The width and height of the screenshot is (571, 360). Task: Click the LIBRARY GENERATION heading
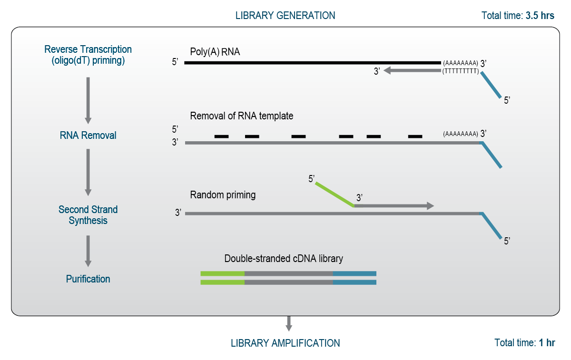[x=285, y=15]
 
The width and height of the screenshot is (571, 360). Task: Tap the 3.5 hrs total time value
[x=540, y=15]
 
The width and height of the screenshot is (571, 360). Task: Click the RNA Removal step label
[x=88, y=135]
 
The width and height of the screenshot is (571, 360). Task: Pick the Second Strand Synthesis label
[x=88, y=215]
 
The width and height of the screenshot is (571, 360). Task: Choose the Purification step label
[x=88, y=279]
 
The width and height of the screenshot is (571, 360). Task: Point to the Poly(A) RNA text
[x=215, y=52]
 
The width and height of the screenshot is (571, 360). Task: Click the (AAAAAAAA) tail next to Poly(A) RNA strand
[x=460, y=63]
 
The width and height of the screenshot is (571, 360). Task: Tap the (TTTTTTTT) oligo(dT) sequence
[x=460, y=71]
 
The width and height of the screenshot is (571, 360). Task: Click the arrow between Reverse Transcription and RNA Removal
[x=88, y=100]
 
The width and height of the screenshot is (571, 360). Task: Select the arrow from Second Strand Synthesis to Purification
[x=88, y=251]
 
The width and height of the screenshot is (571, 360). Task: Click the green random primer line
[x=335, y=194]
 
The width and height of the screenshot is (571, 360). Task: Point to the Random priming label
[x=223, y=195]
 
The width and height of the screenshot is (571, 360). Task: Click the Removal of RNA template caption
[x=241, y=116]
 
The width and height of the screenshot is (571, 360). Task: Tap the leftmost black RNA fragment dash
[x=221, y=136]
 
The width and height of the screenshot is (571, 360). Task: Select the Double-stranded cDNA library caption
[x=284, y=259]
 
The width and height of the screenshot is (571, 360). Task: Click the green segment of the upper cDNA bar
[x=222, y=273]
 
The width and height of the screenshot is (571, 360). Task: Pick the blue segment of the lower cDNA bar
[x=354, y=282]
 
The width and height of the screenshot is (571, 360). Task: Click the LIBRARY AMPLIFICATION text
[x=285, y=343]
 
